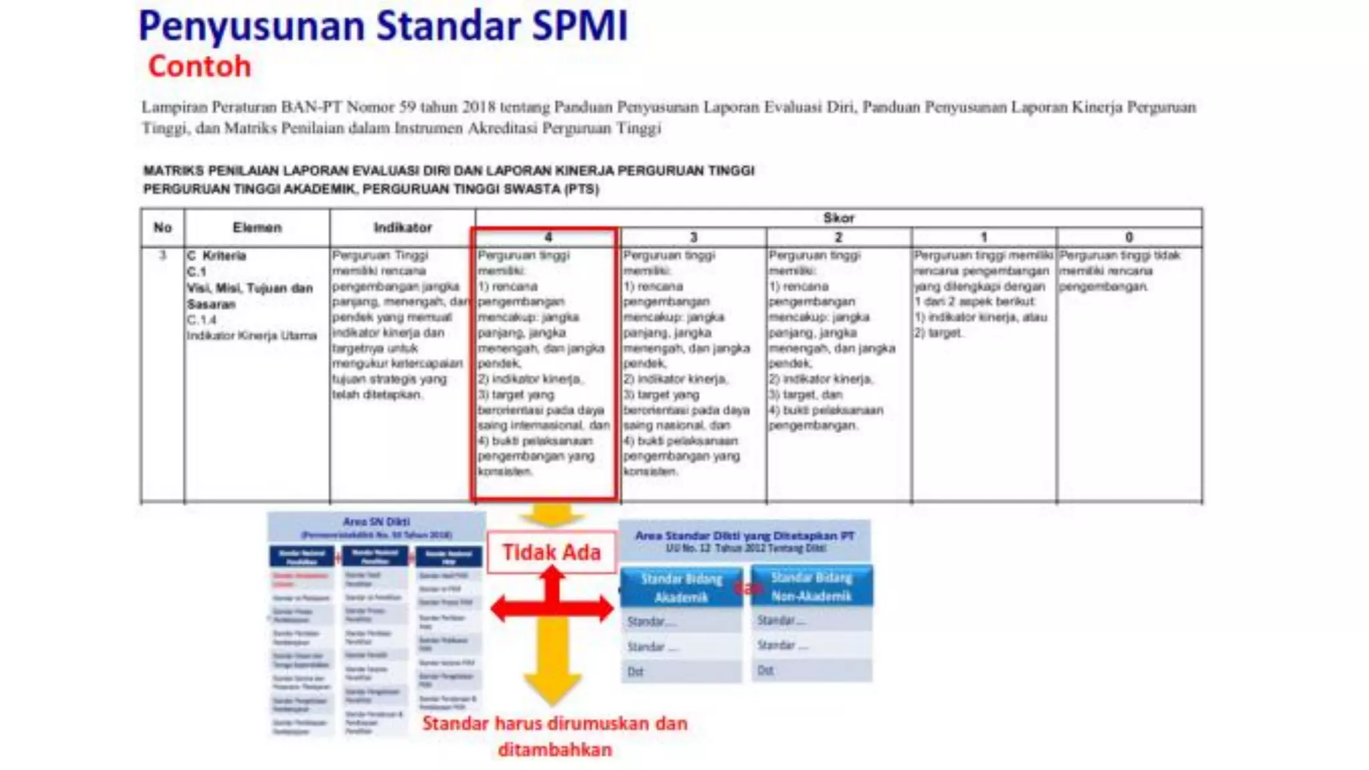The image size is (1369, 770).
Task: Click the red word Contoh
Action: pyautogui.click(x=199, y=67)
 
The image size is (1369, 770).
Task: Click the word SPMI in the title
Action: pyautogui.click(x=580, y=27)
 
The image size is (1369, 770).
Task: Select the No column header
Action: pyautogui.click(x=162, y=228)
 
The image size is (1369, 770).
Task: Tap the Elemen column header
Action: pyautogui.click(x=257, y=228)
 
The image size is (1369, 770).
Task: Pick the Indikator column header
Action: pyautogui.click(x=402, y=228)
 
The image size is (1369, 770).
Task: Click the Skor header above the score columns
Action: pyautogui.click(x=838, y=218)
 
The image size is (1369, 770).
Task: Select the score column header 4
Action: pyautogui.click(x=548, y=237)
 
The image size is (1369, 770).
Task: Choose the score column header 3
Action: pyautogui.click(x=693, y=237)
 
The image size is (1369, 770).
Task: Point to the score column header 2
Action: pyautogui.click(x=838, y=237)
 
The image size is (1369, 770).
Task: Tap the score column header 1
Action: pyautogui.click(x=983, y=237)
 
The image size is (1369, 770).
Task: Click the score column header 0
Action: pyautogui.click(x=1129, y=237)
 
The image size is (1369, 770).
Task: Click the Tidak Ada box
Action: pyautogui.click(x=551, y=552)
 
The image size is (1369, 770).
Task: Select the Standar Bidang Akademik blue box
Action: pyautogui.click(x=681, y=588)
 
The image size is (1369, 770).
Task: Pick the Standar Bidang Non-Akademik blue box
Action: pyautogui.click(x=812, y=586)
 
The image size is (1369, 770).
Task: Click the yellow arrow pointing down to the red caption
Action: pyautogui.click(x=551, y=668)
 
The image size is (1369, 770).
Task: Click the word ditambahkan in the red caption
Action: pyautogui.click(x=555, y=750)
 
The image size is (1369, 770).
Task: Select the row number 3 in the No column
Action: pyautogui.click(x=162, y=255)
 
